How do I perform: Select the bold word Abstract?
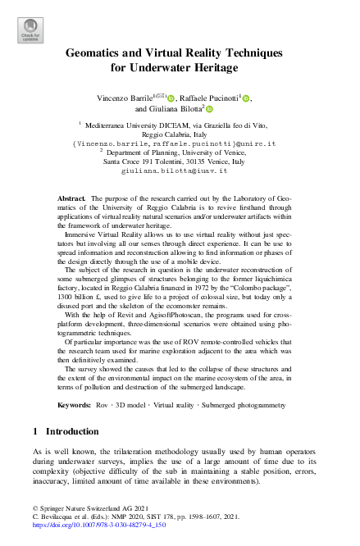(x=73, y=199)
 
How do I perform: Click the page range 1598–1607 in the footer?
(x=200, y=516)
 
